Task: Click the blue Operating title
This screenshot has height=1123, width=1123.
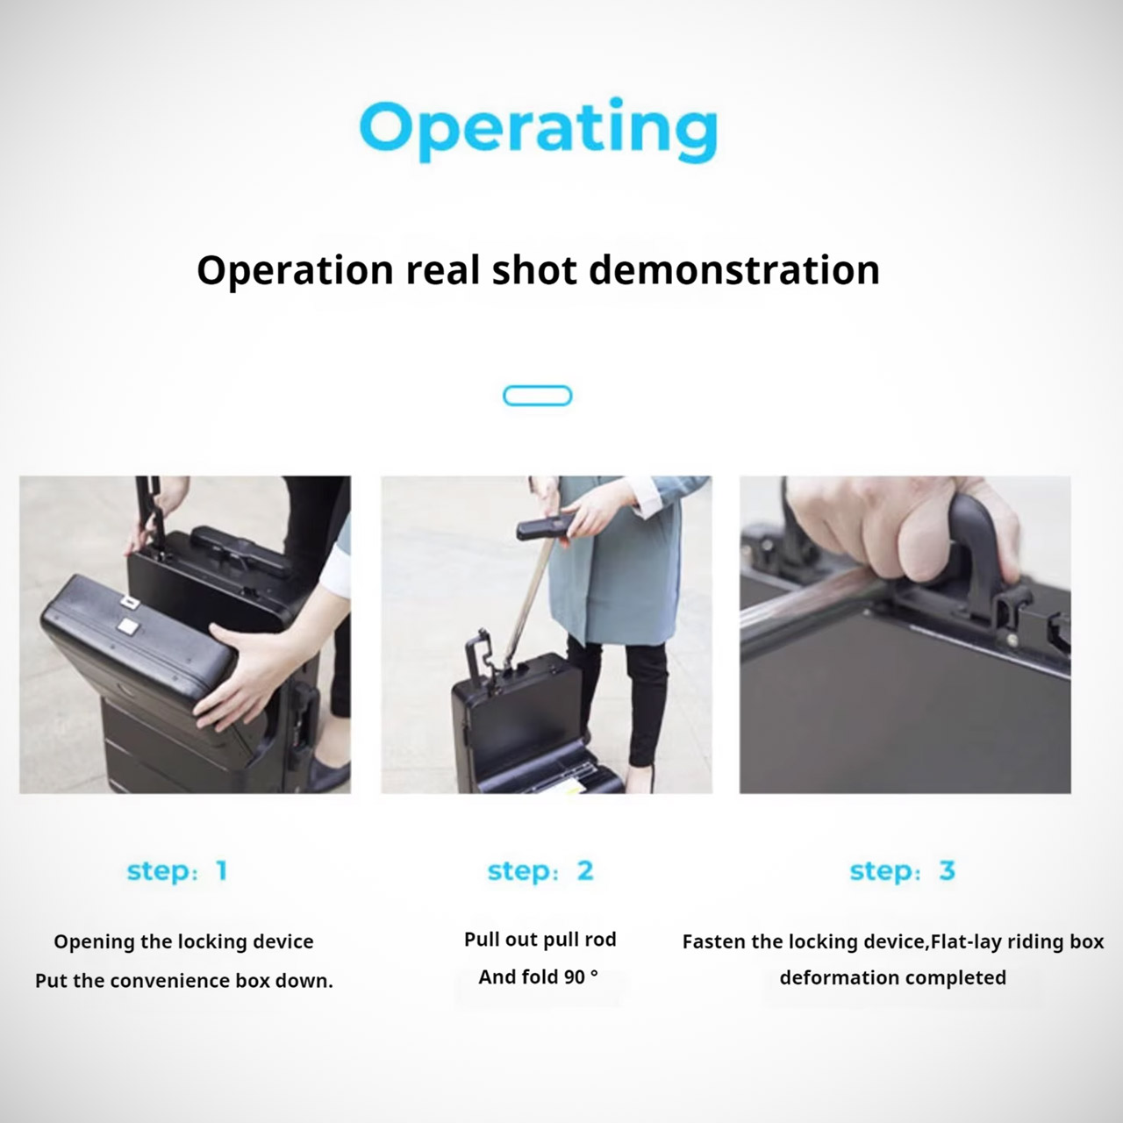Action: pos(539,129)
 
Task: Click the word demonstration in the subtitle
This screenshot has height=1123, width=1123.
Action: pos(734,270)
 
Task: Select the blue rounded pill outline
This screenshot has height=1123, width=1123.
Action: pos(537,396)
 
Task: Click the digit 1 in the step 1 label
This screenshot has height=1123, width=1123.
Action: pos(221,870)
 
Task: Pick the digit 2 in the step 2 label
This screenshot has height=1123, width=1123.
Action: pos(585,870)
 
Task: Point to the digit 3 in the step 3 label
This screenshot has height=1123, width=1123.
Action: pos(947,870)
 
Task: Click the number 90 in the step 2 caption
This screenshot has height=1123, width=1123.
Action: pos(575,977)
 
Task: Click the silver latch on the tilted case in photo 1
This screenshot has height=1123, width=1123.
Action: pos(126,626)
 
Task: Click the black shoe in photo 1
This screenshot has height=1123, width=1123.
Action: pos(328,772)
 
